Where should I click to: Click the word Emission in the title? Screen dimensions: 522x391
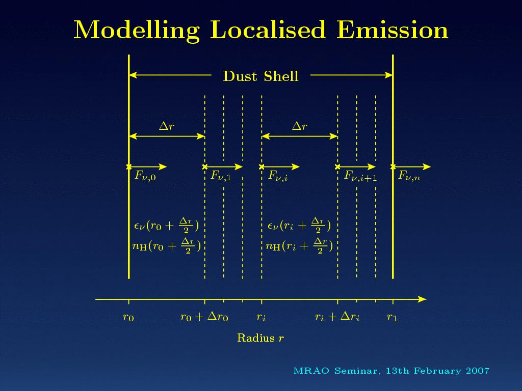[392, 30]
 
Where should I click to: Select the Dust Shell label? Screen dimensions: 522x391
[260, 76]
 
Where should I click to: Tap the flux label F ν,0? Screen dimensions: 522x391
[145, 176]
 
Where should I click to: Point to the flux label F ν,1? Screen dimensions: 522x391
[221, 176]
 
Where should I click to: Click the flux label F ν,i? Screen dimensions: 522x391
[278, 176]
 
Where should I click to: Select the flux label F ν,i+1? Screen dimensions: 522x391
[360, 176]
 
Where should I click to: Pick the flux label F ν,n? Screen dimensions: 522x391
[409, 176]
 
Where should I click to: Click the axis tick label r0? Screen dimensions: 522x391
[128, 317]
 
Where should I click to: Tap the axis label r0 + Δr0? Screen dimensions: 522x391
[204, 316]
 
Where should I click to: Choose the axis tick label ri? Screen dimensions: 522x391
[261, 317]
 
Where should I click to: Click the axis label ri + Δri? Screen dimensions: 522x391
[337, 316]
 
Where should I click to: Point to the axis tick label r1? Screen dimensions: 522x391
[392, 317]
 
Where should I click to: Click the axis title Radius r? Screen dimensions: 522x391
[260, 338]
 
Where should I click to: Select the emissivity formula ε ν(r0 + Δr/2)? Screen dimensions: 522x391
[166, 226]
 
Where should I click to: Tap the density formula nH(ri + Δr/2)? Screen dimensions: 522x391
[299, 246]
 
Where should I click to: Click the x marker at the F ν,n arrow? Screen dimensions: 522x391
[393, 166]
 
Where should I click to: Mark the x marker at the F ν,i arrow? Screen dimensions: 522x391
[262, 166]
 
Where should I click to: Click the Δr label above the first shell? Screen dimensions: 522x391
[167, 126]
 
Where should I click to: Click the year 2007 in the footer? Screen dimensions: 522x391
[478, 371]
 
